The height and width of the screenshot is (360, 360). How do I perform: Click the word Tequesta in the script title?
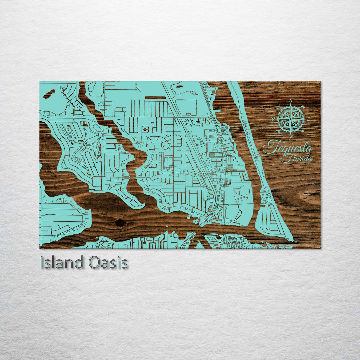coord(287,148)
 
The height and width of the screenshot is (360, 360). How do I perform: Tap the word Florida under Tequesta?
coord(297,159)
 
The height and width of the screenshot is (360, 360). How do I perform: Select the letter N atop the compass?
coord(291,100)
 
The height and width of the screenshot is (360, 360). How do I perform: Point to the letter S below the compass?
coord(290,137)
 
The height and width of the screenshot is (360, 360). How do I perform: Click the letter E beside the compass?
coord(308,119)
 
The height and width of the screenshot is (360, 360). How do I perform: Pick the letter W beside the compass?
coord(273,119)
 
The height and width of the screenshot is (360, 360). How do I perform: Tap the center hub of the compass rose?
coord(290,119)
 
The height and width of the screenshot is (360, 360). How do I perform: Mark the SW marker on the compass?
coord(279,131)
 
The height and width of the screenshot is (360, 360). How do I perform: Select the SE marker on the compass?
coord(302,131)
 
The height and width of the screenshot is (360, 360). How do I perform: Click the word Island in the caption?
coord(61,263)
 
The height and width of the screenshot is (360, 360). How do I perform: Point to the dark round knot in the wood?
coord(120,222)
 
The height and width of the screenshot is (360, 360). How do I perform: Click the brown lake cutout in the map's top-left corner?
coord(49,94)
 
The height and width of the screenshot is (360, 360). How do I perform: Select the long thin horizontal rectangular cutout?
coord(155,98)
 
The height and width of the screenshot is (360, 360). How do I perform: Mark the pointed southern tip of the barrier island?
coord(292,240)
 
